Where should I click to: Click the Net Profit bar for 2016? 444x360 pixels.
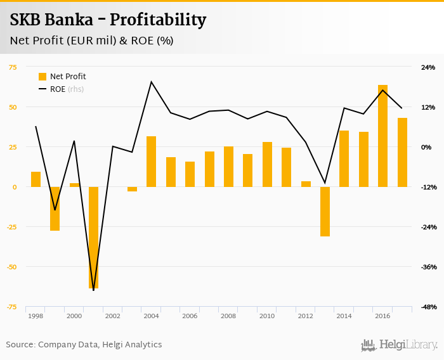pyautogui.click(x=382, y=136)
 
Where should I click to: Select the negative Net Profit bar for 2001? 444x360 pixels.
pyautogui.click(x=93, y=238)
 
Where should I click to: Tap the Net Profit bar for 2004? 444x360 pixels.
pyautogui.click(x=151, y=162)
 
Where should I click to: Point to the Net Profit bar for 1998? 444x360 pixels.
pyautogui.click(x=36, y=179)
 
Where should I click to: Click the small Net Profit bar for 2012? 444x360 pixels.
pyautogui.click(x=306, y=184)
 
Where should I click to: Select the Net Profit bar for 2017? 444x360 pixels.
pyautogui.click(x=402, y=152)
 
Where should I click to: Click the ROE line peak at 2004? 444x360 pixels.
pyautogui.click(x=151, y=82)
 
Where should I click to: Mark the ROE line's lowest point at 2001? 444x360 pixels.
pyautogui.click(x=93, y=290)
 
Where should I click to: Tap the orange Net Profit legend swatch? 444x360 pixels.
pyautogui.click(x=42, y=77)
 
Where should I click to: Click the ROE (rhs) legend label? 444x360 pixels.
pyautogui.click(x=67, y=89)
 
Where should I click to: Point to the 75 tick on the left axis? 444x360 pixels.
pyautogui.click(x=13, y=67)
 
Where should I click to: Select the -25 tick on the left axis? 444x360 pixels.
pyautogui.click(x=12, y=227)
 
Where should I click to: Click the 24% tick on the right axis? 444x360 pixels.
pyautogui.click(x=428, y=67)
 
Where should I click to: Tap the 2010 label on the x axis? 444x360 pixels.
pyautogui.click(x=267, y=316)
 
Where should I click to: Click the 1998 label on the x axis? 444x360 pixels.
pyautogui.click(x=36, y=316)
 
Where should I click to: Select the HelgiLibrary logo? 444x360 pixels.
pyautogui.click(x=400, y=345)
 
